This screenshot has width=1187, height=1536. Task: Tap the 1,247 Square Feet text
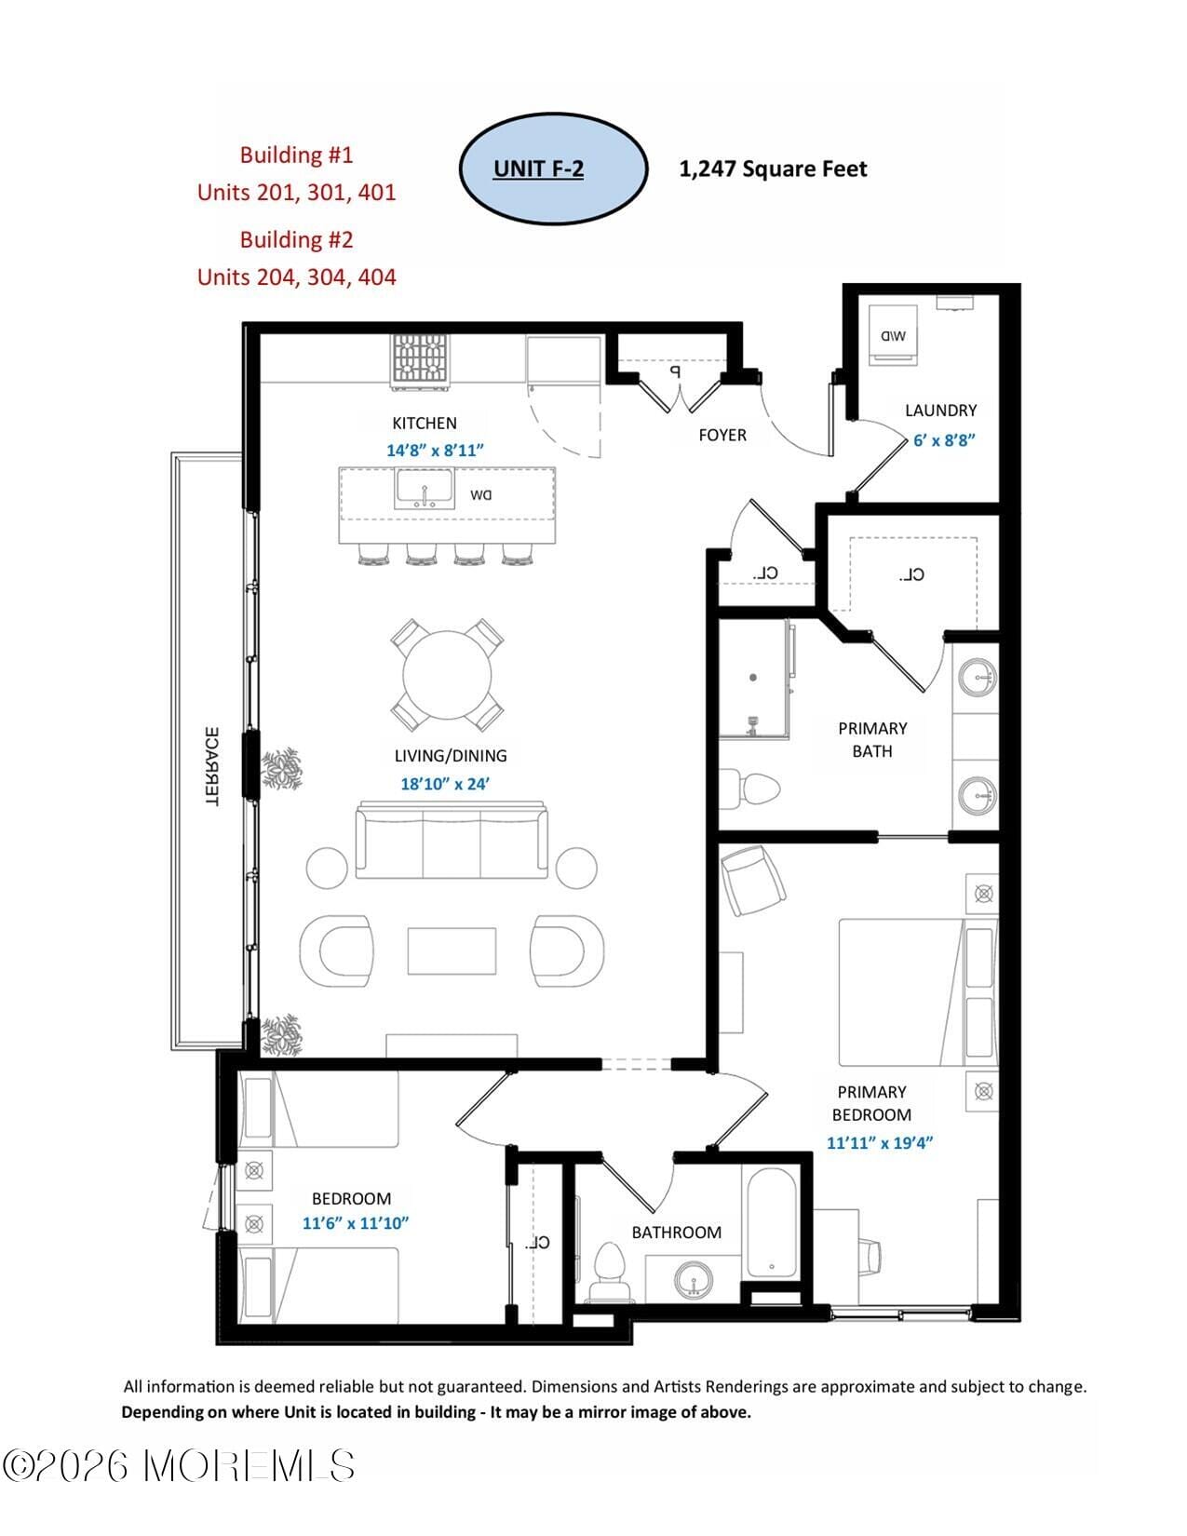pyautogui.click(x=773, y=169)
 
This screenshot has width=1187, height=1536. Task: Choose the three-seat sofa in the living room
pyautogui.click(x=452, y=842)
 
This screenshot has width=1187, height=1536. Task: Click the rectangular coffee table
pyautogui.click(x=452, y=950)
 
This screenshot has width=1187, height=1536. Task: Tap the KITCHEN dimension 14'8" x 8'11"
pyautogui.click(x=435, y=451)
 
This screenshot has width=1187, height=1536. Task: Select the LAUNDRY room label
pyautogui.click(x=940, y=411)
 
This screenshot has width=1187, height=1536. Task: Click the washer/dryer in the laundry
pyautogui.click(x=892, y=335)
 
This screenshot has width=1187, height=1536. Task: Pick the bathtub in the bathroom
pyautogui.click(x=771, y=1222)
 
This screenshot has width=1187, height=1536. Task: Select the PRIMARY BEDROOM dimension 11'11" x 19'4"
pyautogui.click(x=879, y=1142)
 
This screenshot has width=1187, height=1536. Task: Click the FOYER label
pyautogui.click(x=722, y=435)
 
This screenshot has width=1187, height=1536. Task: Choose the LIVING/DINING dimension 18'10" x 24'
pyautogui.click(x=445, y=784)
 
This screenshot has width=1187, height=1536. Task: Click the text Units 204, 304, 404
pyautogui.click(x=296, y=277)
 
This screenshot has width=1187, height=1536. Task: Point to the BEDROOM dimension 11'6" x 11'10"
pyautogui.click(x=356, y=1223)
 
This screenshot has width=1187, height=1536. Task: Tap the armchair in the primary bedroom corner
pyautogui.click(x=754, y=880)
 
